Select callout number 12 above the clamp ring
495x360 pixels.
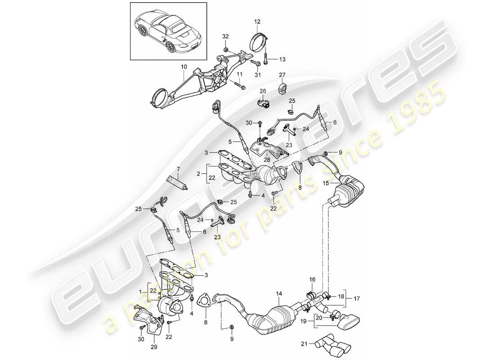click(257, 22)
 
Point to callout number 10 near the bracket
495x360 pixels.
click(183, 67)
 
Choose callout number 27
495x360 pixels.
click(282, 75)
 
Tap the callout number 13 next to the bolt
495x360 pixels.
click(282, 59)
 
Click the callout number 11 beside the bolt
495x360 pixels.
click(239, 74)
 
